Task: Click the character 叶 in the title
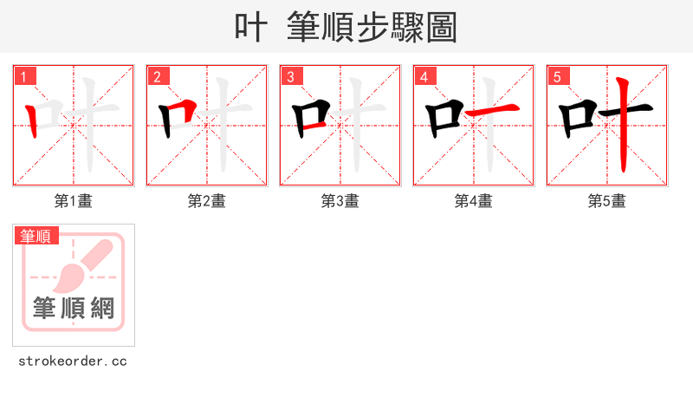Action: click(x=250, y=27)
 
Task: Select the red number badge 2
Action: click(x=158, y=76)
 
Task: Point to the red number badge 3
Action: click(x=291, y=76)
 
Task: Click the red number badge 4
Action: click(x=424, y=76)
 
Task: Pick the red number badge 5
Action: click(x=558, y=76)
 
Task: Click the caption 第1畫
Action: click(x=74, y=201)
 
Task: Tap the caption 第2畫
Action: click(x=207, y=201)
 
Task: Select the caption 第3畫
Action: click(x=340, y=201)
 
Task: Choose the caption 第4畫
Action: click(x=474, y=201)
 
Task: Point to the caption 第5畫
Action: click(x=607, y=201)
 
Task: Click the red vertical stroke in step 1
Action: click(x=32, y=121)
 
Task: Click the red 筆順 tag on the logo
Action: click(x=36, y=235)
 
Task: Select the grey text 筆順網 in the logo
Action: click(x=74, y=308)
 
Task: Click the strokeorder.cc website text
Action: click(x=73, y=361)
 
